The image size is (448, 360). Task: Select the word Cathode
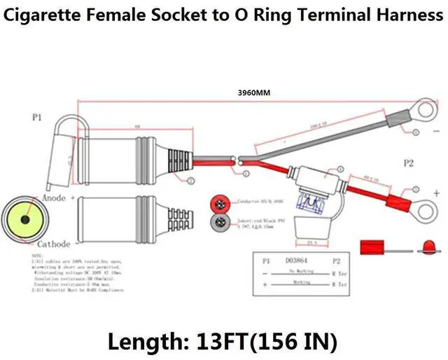click(x=53, y=244)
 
